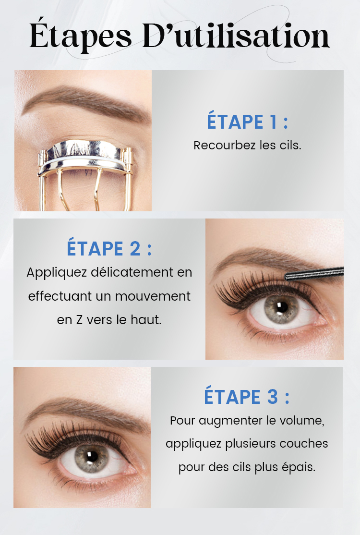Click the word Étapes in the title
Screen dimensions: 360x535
(81, 36)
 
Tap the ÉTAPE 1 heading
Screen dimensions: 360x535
(248, 122)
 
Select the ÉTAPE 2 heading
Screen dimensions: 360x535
(109, 248)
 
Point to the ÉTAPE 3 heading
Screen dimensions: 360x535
(247, 397)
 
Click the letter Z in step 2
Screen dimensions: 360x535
(79, 320)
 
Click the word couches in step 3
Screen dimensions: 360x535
(304, 444)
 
